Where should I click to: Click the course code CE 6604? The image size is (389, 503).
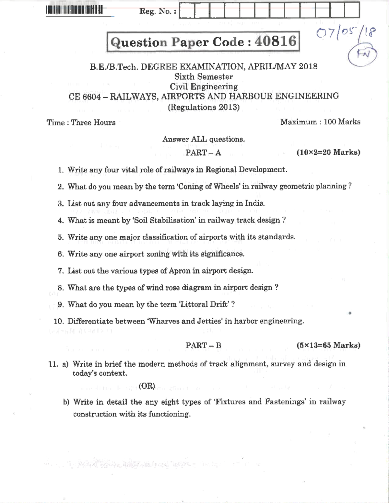[x=85, y=97]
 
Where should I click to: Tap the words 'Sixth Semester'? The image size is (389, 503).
[x=204, y=77]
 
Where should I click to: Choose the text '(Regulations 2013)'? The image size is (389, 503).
[x=204, y=107]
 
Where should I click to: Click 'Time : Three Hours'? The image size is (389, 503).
[x=81, y=122]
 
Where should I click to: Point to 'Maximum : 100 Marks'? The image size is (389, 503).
[x=320, y=122]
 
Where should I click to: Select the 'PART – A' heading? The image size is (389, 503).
[x=203, y=153]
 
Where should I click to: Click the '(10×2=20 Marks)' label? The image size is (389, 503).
[x=328, y=152]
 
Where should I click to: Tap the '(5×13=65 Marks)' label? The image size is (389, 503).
[x=328, y=345]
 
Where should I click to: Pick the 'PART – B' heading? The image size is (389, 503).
[x=203, y=346]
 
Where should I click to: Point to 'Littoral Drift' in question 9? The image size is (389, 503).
[x=204, y=304]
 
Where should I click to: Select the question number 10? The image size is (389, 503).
[x=59, y=321]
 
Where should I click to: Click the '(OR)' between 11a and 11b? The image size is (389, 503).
[x=147, y=386]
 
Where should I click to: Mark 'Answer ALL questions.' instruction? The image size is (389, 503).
[x=204, y=139]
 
